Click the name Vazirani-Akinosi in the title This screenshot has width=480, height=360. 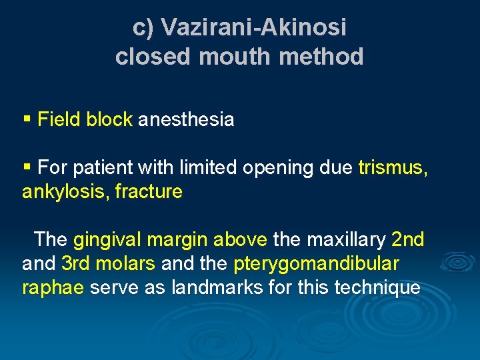pyautogui.click(x=254, y=27)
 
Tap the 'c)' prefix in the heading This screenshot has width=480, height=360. pyautogui.click(x=144, y=27)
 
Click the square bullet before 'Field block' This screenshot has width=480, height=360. pyautogui.click(x=27, y=119)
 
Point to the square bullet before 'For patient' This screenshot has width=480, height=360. pyautogui.click(x=27, y=167)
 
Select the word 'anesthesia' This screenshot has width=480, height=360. pyautogui.click(x=186, y=120)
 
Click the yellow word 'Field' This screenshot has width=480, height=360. pyautogui.click(x=58, y=120)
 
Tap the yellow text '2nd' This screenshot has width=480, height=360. pyautogui.click(x=408, y=239)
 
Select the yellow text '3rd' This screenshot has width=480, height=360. pyautogui.click(x=76, y=263)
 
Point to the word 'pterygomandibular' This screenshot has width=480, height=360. pyautogui.click(x=316, y=264)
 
